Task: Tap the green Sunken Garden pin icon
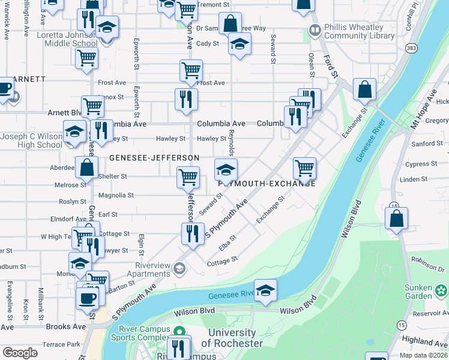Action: pos(441,291)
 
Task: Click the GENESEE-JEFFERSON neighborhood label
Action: pos(154,158)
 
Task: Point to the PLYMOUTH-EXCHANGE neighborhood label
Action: pos(267,184)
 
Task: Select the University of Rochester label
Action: pos(232,338)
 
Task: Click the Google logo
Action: pos(20,352)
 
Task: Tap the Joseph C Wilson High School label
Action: pos(31,140)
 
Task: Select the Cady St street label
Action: pos(208,43)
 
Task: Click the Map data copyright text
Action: pos(424,355)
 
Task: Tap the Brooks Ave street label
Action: pos(67,327)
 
